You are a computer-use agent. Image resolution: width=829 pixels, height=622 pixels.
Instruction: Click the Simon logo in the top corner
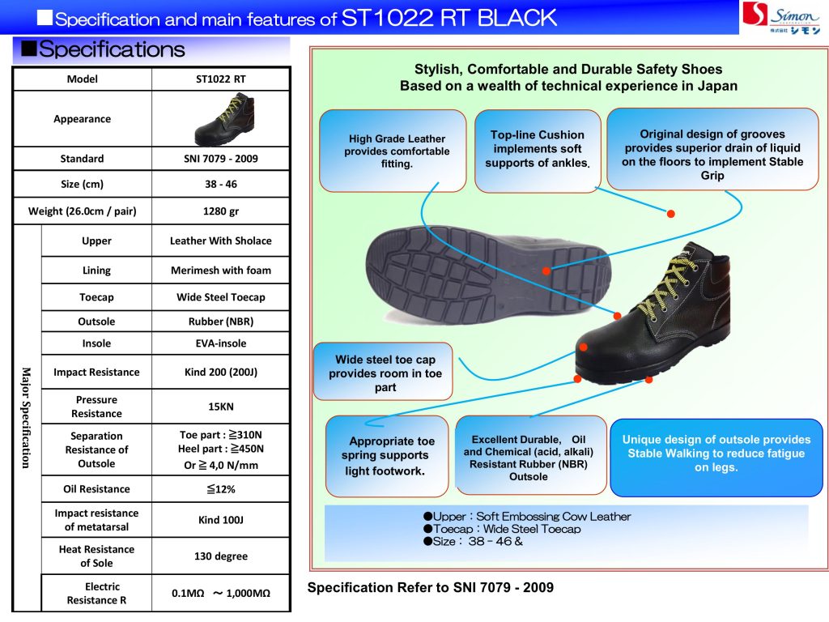tap(783, 17)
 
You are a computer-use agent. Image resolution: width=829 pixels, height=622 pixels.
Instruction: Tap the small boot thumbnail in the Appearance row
tap(220, 120)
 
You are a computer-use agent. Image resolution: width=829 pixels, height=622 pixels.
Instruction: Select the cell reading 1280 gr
tap(220, 211)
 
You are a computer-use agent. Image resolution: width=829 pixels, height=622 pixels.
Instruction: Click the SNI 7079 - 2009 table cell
tap(220, 159)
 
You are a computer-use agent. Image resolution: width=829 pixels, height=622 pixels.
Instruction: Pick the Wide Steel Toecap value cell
tap(220, 297)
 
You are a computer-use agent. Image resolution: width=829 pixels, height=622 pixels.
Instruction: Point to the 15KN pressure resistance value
tap(220, 407)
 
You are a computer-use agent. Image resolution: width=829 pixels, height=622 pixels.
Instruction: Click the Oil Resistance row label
tap(96, 489)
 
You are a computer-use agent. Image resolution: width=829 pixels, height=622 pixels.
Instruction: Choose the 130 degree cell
tap(220, 556)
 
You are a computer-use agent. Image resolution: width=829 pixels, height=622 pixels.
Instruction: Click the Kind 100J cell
tap(220, 520)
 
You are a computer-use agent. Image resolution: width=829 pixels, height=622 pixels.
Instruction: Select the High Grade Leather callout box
tap(393, 151)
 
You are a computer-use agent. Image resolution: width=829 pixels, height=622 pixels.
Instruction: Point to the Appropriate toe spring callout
tap(387, 455)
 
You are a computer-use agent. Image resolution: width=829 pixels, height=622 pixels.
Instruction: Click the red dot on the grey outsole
tap(546, 271)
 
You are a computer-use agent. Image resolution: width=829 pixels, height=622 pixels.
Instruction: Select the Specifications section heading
tap(112, 50)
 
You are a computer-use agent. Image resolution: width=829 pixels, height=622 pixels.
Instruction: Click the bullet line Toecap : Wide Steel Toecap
tap(502, 529)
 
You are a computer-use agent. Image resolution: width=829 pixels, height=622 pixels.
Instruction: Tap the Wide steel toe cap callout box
tap(385, 373)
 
